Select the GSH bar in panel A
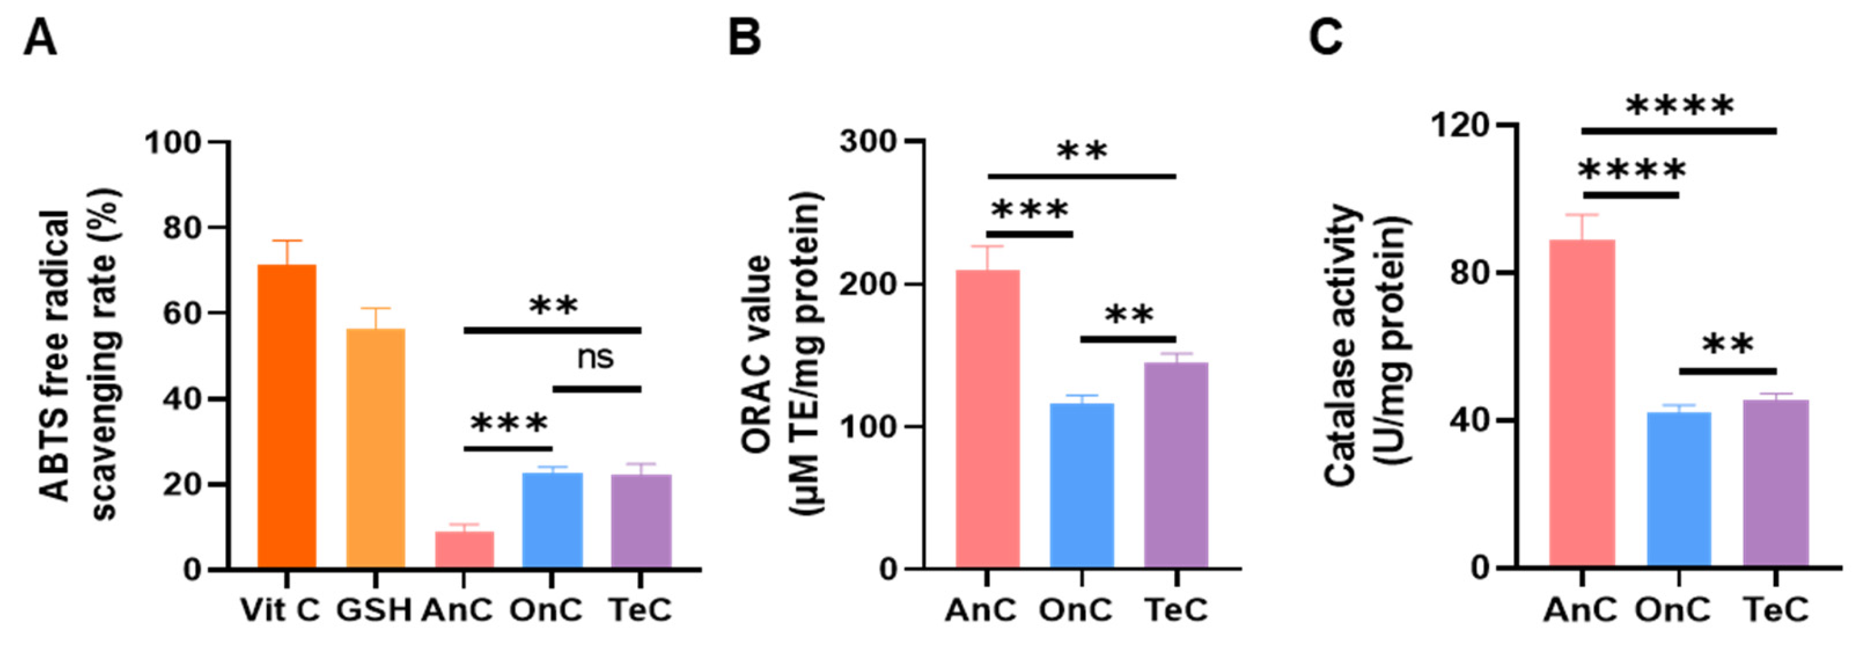pyautogui.click(x=375, y=448)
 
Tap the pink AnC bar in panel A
pyautogui.click(x=464, y=550)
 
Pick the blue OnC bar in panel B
pyautogui.click(x=1081, y=486)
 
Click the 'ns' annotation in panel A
pyautogui.click(x=595, y=358)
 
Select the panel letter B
pyautogui.click(x=744, y=38)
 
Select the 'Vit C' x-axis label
pyautogui.click(x=280, y=611)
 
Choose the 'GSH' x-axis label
pyautogui.click(x=374, y=611)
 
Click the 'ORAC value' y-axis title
pyautogui.click(x=758, y=354)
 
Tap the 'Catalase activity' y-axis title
pyautogui.click(x=1342, y=345)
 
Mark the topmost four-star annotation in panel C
pyautogui.click(x=1679, y=107)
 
